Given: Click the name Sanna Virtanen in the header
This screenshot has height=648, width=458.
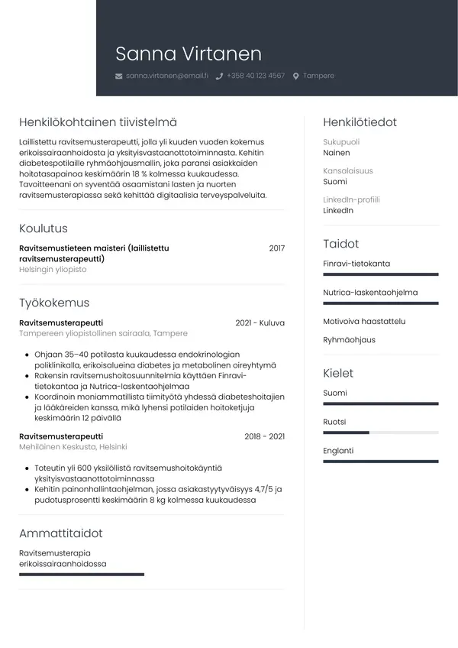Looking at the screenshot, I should [188, 53].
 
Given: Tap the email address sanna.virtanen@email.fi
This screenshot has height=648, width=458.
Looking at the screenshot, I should [166, 76].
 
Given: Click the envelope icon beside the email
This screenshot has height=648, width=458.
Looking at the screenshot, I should [118, 76].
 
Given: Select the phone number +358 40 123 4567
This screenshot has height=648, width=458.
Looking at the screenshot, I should [255, 76].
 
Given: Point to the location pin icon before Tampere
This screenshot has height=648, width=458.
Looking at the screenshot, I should [296, 76].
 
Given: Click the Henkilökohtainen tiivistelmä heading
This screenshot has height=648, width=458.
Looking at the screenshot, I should [98, 122].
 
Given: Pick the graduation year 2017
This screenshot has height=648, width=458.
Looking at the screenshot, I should [276, 248].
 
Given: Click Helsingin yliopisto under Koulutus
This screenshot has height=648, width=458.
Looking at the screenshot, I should [53, 270].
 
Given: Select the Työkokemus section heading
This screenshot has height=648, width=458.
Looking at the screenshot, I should [54, 303].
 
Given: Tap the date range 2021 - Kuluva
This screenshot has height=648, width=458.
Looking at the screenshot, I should [260, 323].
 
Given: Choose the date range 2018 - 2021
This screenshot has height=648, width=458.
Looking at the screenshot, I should [264, 436].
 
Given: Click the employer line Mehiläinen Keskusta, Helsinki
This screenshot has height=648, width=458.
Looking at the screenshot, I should [73, 447].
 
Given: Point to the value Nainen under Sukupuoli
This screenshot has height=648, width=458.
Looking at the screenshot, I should [337, 153].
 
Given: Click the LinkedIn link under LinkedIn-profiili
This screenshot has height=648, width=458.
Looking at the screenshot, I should [338, 211].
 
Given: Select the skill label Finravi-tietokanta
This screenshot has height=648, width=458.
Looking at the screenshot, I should [356, 264].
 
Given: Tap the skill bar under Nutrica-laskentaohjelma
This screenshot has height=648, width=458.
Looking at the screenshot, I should [380, 303].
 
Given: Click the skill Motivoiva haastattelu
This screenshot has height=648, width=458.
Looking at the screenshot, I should [364, 322].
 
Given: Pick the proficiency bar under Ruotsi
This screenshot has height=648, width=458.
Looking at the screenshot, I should [380, 433].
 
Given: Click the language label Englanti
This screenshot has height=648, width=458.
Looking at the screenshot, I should [338, 451].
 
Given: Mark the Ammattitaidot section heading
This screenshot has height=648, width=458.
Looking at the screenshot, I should [60, 533].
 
